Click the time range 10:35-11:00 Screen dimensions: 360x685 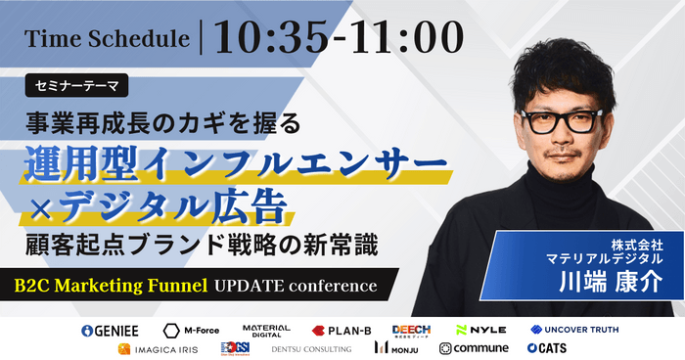pyautogui.click(x=339, y=36)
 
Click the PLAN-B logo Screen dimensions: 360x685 pyautogui.click(x=342, y=330)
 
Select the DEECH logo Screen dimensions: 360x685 pyautogui.click(x=411, y=330)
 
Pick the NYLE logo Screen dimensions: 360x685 pyautogui.click(x=480, y=330)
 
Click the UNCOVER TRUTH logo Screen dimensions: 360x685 pyautogui.click(x=574, y=330)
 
